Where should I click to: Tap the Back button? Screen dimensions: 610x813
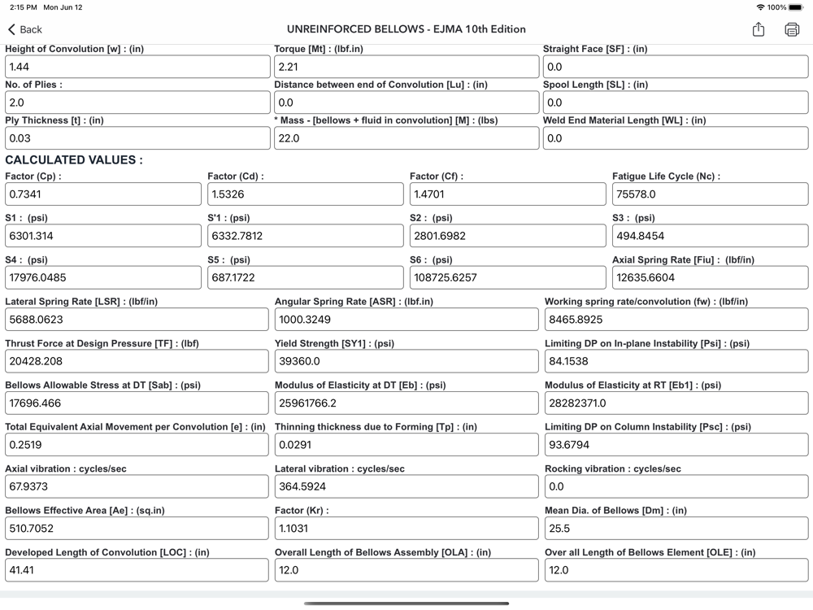24,29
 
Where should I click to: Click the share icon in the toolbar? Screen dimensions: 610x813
759,29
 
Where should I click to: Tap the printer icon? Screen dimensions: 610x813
792,29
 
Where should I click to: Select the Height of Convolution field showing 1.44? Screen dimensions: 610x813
137,67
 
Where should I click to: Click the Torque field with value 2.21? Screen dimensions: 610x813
406,67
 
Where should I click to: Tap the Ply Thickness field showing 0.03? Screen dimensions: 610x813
137,138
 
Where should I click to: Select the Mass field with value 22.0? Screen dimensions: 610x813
406,138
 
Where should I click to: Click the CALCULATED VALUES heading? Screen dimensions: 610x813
74,160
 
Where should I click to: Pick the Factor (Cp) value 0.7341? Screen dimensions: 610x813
103,194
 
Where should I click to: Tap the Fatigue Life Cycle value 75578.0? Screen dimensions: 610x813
710,194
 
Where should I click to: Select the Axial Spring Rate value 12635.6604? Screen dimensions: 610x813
710,277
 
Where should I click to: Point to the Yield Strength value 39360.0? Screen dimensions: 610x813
406,361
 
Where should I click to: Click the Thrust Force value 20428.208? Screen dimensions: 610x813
137,361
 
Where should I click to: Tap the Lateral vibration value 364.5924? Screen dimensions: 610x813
406,486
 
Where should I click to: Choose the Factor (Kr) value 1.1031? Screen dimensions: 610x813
406,529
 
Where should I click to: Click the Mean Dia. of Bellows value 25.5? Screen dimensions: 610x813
676,529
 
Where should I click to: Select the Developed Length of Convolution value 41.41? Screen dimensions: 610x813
137,570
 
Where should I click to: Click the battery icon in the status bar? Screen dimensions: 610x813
796,7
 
